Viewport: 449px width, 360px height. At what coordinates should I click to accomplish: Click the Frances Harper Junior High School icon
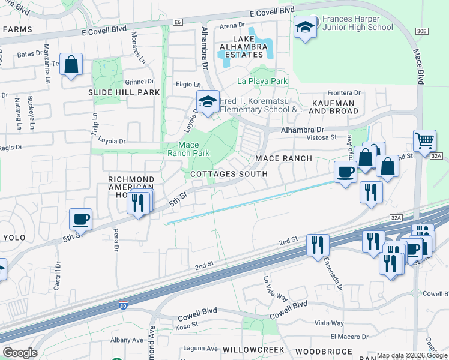(306, 28)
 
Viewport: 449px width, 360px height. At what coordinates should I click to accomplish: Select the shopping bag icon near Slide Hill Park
(71, 65)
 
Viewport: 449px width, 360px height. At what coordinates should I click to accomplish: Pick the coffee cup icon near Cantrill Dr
(80, 220)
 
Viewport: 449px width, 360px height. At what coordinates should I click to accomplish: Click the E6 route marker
(176, 22)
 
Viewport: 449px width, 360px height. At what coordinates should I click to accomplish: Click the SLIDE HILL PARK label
(124, 92)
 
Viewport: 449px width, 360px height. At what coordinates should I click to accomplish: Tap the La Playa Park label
(262, 81)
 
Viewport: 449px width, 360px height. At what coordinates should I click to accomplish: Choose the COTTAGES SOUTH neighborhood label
(229, 174)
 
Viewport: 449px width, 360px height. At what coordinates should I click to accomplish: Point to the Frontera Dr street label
(344, 93)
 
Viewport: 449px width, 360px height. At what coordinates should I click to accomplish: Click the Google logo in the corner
(20, 353)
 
